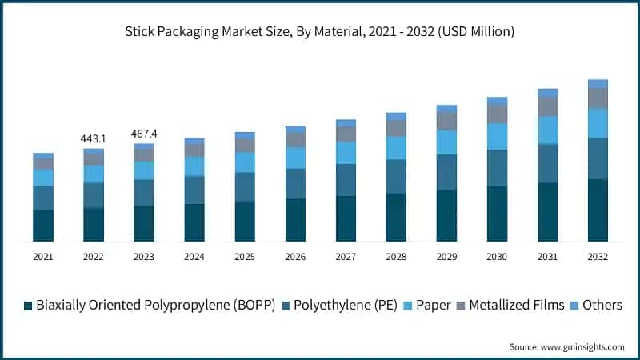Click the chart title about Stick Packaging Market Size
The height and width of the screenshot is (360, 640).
click(319, 32)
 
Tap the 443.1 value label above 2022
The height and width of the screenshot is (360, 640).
click(94, 139)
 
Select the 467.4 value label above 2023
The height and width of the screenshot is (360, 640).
click(144, 134)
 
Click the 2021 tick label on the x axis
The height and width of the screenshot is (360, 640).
click(43, 257)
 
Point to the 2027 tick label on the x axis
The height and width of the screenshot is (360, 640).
click(346, 257)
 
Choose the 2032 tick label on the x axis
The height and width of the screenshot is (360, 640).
click(598, 257)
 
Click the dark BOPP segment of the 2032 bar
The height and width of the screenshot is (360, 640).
click(598, 210)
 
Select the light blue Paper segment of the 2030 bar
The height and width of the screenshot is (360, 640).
click(497, 136)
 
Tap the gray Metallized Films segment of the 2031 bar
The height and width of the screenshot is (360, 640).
click(547, 106)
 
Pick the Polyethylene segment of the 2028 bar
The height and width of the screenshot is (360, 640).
click(396, 176)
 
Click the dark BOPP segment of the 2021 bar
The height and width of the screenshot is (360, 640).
click(43, 226)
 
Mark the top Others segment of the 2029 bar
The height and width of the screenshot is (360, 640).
click(446, 109)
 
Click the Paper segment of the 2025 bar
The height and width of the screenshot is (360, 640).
click(245, 162)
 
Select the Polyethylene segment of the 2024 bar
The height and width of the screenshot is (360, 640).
click(194, 190)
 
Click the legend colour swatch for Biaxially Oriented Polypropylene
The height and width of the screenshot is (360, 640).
click(29, 306)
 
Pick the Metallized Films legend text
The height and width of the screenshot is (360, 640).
click(517, 305)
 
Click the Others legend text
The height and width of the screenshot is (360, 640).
click(602, 305)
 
